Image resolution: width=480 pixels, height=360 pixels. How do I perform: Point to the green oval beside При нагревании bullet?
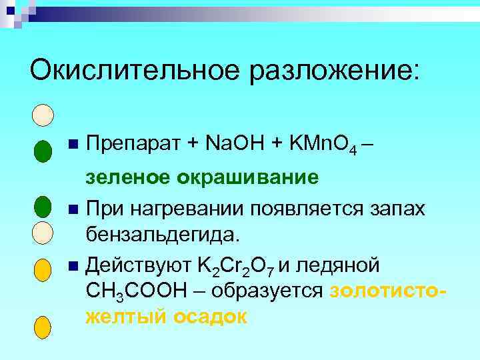click(x=41, y=207)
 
